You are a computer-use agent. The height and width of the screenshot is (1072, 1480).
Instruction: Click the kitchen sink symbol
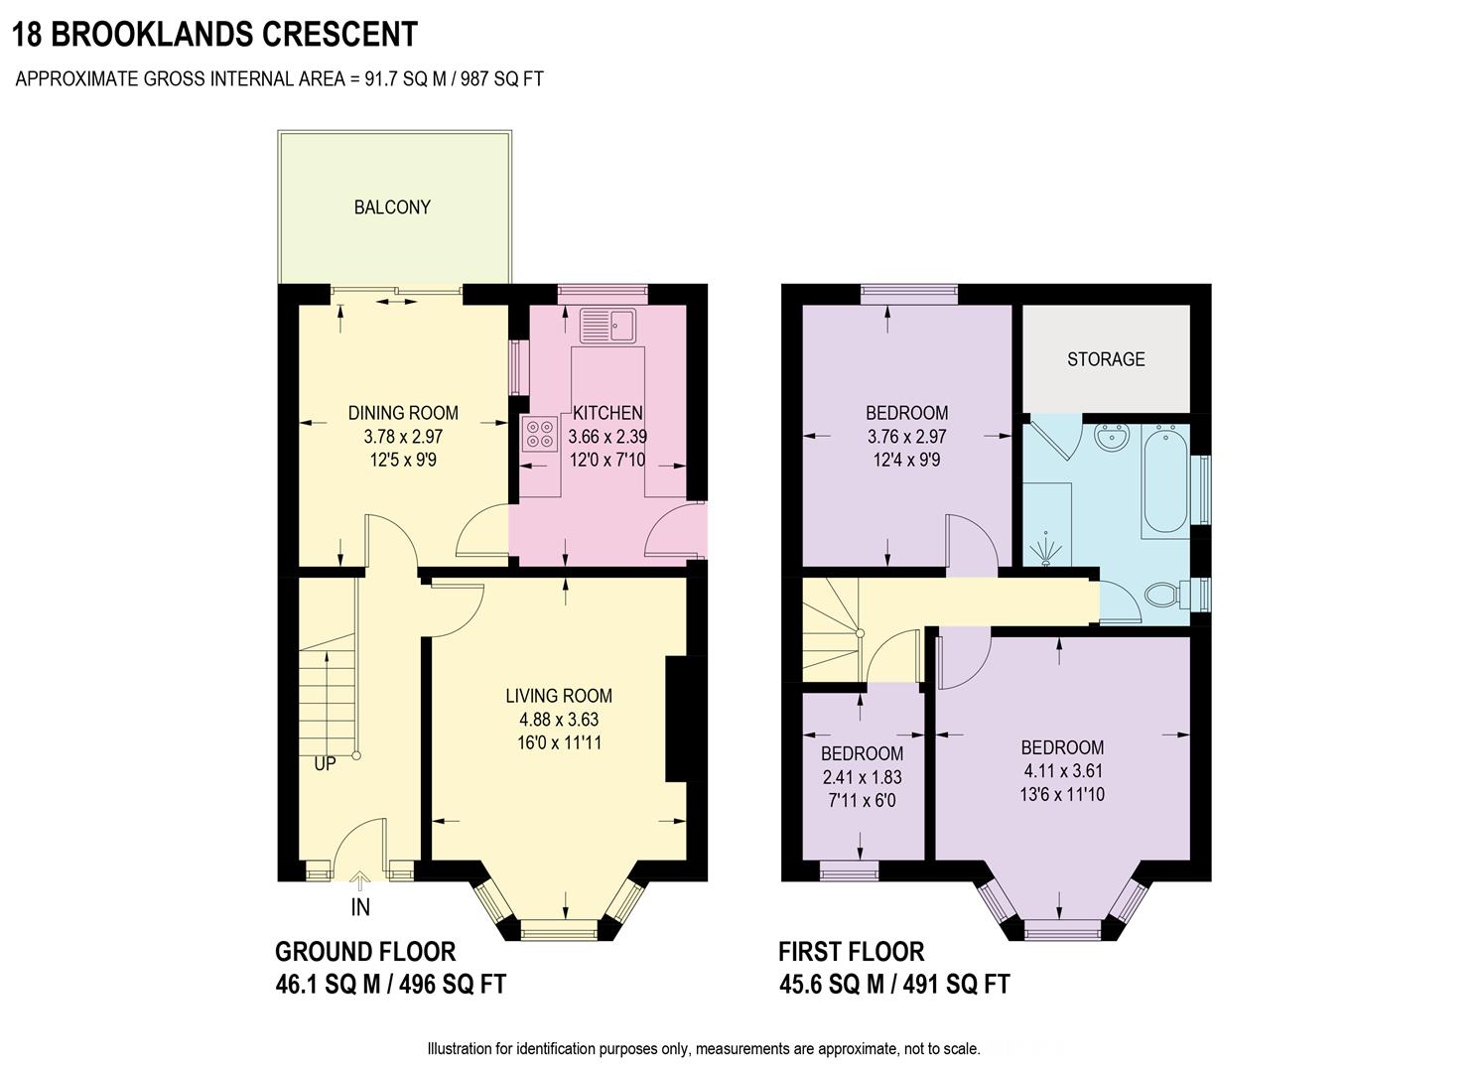coord(607,325)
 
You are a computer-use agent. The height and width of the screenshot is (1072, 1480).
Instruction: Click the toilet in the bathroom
coord(1161,596)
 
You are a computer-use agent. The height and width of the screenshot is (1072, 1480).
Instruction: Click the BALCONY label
coord(392,207)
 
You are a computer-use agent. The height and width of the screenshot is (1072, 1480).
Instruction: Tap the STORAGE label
coord(1106,359)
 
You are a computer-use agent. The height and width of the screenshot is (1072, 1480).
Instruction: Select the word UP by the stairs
coord(325,764)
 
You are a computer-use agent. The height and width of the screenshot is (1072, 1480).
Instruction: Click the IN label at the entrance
coord(360,906)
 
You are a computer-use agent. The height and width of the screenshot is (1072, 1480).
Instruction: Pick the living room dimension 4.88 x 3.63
coord(559,720)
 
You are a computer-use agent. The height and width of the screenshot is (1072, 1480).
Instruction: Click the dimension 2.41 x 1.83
coord(862,777)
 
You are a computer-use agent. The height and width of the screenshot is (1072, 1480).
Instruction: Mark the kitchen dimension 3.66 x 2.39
coord(607,437)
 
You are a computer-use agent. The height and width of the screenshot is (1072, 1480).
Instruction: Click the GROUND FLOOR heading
coord(364,952)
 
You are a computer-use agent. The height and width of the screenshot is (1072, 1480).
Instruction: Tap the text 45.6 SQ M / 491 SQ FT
coord(893,984)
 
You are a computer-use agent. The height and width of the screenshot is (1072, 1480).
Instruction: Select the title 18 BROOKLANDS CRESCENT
coord(215,34)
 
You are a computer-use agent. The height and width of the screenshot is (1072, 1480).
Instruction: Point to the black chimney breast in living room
coord(677,720)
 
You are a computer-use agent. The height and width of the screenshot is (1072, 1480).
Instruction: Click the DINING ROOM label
coord(403,413)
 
